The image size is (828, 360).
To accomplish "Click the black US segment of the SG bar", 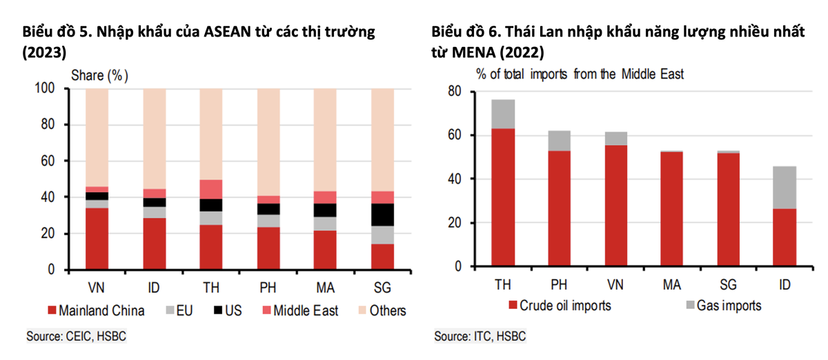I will (382, 214).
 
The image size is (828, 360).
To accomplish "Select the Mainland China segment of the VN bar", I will (97, 239).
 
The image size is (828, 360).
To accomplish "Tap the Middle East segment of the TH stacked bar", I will (211, 189).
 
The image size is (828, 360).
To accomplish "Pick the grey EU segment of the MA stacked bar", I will (325, 223).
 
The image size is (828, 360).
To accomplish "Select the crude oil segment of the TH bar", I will (502, 197).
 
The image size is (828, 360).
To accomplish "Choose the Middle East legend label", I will (306, 311).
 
